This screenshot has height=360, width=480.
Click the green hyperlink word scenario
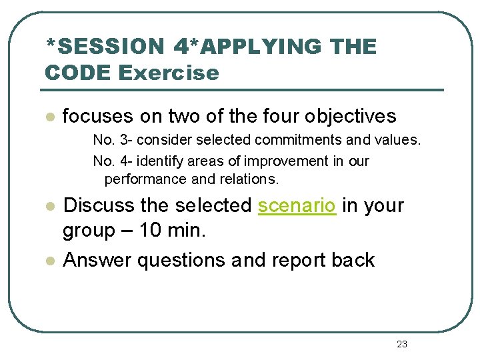click(x=297, y=205)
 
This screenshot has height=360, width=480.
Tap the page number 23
click(x=401, y=344)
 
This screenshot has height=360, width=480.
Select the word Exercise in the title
click(x=169, y=72)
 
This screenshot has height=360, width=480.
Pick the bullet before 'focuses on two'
click(x=48, y=117)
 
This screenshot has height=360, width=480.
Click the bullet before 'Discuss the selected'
click(x=48, y=206)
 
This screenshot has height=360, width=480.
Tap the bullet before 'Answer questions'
click(x=48, y=260)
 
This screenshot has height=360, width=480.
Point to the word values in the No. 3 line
click(x=399, y=140)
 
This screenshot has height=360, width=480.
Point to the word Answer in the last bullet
click(x=97, y=260)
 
